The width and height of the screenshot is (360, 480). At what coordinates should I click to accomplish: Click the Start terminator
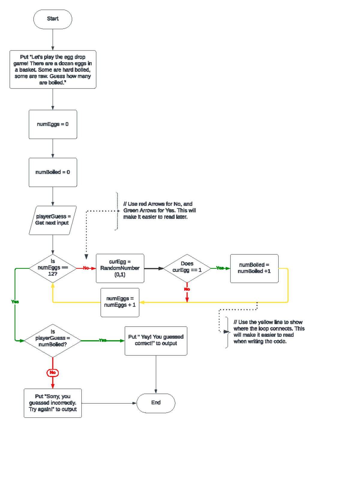click(52, 19)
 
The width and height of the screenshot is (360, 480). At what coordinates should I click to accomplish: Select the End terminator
click(156, 403)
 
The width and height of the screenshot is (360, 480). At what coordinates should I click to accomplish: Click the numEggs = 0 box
click(53, 124)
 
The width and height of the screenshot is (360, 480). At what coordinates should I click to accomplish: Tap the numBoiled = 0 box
click(53, 172)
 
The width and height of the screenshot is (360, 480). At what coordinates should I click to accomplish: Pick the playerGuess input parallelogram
click(52, 220)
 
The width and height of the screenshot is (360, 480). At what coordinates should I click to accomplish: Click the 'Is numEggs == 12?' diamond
click(52, 268)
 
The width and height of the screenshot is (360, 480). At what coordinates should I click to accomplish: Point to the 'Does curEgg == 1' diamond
click(187, 268)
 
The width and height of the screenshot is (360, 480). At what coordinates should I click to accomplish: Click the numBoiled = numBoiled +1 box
click(254, 268)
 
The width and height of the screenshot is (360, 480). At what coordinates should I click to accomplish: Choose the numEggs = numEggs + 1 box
click(120, 302)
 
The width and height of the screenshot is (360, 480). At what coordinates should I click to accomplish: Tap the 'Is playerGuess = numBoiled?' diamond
click(52, 340)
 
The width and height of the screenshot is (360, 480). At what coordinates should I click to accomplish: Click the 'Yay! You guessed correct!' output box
click(156, 341)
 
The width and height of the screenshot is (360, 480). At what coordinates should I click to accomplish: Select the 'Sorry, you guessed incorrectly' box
click(52, 403)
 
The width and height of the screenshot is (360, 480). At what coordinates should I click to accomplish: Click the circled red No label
click(52, 373)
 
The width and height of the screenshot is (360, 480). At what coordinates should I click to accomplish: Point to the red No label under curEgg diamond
click(187, 289)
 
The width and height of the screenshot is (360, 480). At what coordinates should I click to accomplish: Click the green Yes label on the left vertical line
click(15, 302)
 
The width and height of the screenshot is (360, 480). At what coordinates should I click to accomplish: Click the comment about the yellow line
click(268, 332)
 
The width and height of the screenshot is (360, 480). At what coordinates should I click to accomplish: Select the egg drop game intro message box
click(53, 69)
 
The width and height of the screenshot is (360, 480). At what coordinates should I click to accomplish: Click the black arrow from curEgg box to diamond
click(154, 268)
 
